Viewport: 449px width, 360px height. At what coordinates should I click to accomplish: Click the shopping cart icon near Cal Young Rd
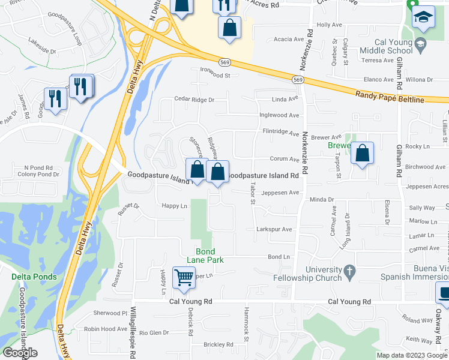click(184, 277)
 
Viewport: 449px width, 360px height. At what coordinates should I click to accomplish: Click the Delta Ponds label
click(34, 277)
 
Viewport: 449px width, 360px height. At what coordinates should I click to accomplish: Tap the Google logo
click(20, 353)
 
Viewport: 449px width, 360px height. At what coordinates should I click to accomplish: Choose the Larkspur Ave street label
click(274, 229)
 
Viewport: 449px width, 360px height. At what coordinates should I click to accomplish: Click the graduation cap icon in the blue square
click(424, 19)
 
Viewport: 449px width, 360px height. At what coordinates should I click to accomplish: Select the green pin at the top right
click(412, 4)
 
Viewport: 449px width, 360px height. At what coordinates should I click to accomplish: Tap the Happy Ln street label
click(174, 206)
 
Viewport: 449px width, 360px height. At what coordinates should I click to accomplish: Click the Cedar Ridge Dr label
click(194, 100)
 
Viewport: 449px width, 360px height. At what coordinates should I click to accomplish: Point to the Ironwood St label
click(215, 76)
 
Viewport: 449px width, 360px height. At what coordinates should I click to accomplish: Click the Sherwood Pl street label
click(110, 313)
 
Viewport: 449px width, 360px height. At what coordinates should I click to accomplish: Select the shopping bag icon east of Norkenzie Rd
click(363, 154)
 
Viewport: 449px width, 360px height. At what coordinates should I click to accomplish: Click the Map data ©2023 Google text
click(411, 355)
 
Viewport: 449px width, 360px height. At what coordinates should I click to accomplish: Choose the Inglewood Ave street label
click(279, 115)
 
